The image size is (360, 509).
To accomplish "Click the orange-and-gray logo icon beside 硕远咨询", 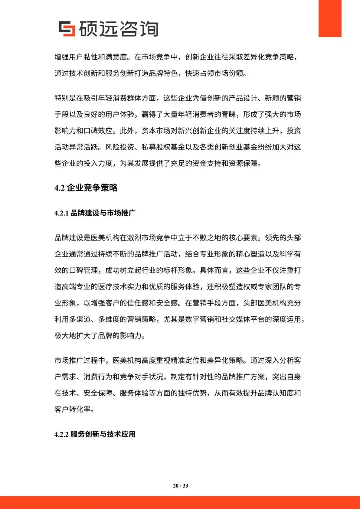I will (67, 29).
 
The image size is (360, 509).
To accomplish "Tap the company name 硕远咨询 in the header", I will (119, 29).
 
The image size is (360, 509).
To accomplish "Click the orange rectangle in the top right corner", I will (330, 18).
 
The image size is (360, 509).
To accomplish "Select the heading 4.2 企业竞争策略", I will (86, 188).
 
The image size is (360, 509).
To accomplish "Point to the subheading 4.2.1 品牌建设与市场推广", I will (95, 213).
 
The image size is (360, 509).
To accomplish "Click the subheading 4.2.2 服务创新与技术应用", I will (95, 434).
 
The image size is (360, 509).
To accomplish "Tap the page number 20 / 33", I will (180, 486).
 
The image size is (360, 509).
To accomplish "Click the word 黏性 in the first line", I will (91, 57).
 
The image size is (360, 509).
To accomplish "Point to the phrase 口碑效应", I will (98, 131).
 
